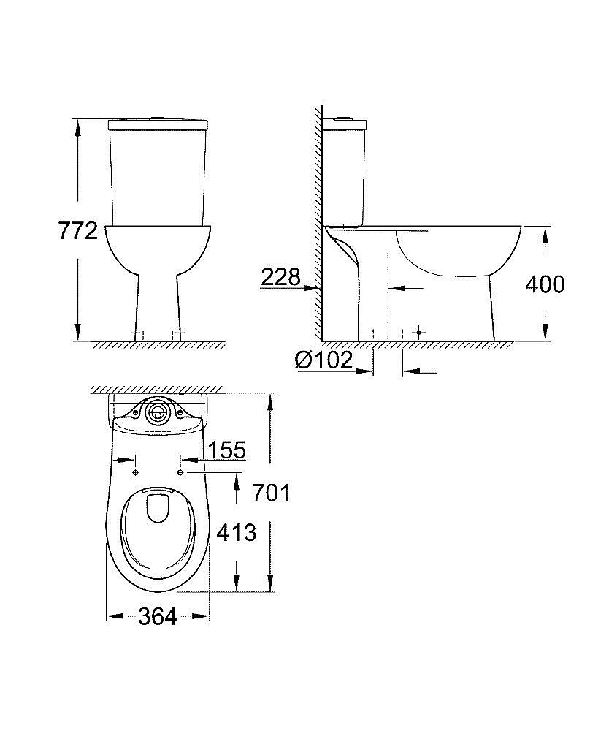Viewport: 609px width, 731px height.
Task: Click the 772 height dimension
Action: click(x=77, y=231)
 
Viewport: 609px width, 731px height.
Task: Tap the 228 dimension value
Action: click(x=280, y=277)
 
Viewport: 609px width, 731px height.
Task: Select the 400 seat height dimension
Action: click(x=545, y=284)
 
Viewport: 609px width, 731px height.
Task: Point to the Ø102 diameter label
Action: click(x=323, y=360)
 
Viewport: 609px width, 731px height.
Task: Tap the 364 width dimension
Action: click(x=157, y=617)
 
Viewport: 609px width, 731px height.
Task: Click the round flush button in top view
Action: click(x=156, y=413)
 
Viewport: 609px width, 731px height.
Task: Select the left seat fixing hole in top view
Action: click(x=136, y=473)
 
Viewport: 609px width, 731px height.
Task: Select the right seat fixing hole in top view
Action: click(x=180, y=473)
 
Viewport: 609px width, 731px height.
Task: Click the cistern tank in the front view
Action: click(x=158, y=172)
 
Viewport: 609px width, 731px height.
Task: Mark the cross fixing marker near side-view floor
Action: click(x=418, y=333)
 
